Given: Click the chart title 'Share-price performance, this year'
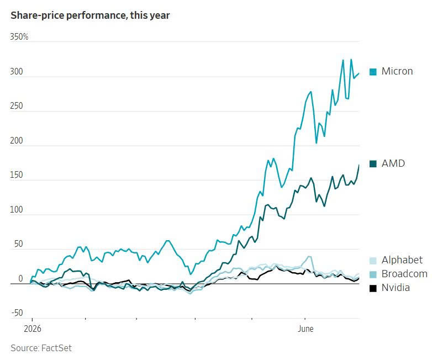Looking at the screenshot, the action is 90,15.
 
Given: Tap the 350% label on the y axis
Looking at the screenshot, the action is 19,36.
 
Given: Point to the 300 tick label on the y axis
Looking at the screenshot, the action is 17,72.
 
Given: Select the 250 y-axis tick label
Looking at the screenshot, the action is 17,106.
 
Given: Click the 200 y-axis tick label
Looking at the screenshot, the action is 17,140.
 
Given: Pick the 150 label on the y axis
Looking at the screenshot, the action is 17,175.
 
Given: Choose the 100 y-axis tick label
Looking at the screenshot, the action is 17,209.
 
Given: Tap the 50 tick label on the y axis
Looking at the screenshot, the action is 18,243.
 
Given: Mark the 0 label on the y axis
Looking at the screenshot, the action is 20,278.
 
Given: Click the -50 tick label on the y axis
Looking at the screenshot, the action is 17,313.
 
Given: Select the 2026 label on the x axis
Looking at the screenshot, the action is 33,329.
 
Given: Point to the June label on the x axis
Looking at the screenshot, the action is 305,329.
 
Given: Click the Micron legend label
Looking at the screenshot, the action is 397,71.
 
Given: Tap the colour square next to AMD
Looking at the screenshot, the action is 373,164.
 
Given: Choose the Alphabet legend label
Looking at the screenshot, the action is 402,260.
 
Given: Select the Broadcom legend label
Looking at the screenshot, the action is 404,274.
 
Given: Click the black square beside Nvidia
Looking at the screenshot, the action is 373,288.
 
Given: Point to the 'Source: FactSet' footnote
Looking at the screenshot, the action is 41,348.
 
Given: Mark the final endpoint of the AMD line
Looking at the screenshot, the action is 359,165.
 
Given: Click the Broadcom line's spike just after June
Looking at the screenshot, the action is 309,257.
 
